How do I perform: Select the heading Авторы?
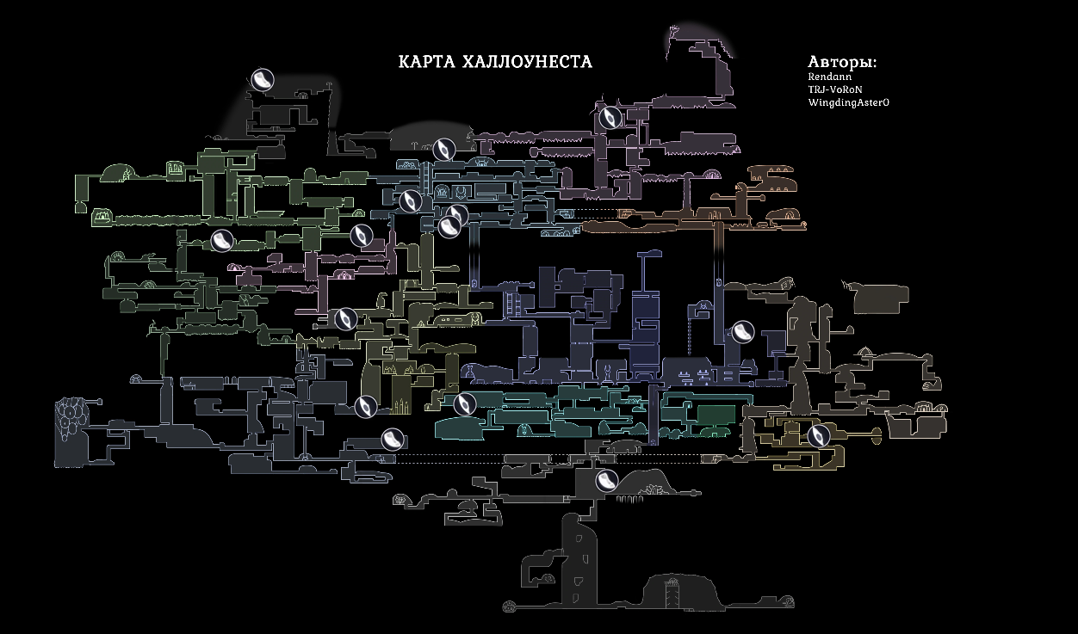(842, 63)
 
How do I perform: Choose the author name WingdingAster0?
(848, 102)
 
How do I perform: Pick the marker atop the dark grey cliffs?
(263, 80)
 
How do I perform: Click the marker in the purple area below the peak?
(610, 116)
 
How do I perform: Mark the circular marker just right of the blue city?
(742, 331)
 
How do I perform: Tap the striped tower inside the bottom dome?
(672, 592)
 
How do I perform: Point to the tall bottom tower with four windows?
(581, 556)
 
